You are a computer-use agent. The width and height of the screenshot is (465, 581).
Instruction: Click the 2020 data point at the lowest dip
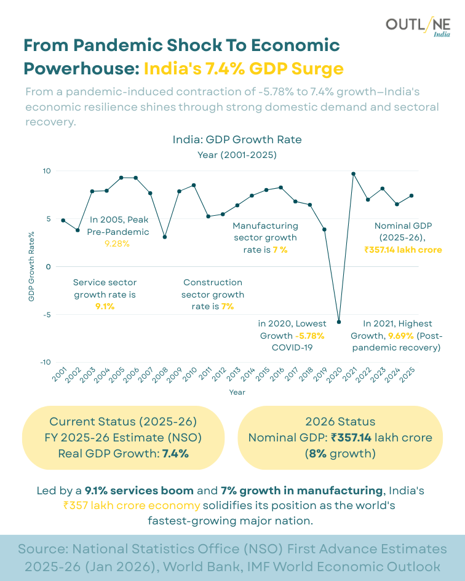[338, 322]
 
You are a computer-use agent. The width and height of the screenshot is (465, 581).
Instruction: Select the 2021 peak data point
[353, 173]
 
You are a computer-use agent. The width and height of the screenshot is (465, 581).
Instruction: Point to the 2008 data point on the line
[165, 237]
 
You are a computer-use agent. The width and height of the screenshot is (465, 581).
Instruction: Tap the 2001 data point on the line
[63, 220]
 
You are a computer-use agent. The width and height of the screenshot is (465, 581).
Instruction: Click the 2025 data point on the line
[411, 196]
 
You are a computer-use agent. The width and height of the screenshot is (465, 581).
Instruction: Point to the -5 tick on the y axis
[46, 314]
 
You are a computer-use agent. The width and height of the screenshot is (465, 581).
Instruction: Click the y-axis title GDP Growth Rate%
[31, 266]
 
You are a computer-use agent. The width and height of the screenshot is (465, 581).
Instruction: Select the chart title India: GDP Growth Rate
[237, 140]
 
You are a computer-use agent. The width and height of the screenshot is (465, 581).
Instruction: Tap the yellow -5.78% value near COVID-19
[309, 336]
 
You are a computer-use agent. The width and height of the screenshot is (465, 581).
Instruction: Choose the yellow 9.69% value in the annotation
[400, 336]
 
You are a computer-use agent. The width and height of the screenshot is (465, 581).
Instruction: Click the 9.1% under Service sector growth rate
[105, 306]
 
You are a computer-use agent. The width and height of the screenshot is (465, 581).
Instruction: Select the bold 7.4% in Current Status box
[175, 454]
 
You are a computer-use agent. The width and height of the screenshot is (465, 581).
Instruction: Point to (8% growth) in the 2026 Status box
[340, 454]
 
